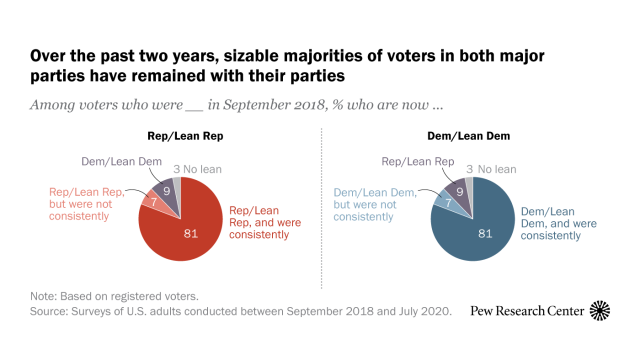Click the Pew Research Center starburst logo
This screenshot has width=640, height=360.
click(x=601, y=311)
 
